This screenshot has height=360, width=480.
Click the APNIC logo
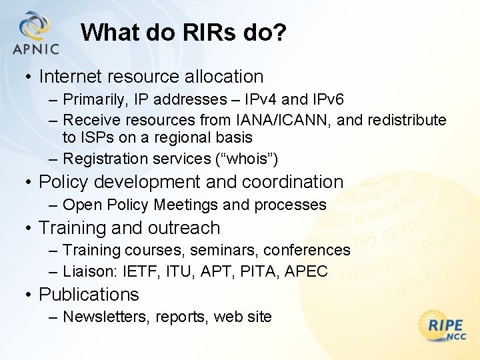tap(35, 33)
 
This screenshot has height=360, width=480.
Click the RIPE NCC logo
tap(445, 328)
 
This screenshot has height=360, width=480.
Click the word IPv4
tap(262, 100)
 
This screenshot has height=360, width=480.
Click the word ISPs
tap(99, 138)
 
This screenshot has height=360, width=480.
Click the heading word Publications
tap(89, 295)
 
